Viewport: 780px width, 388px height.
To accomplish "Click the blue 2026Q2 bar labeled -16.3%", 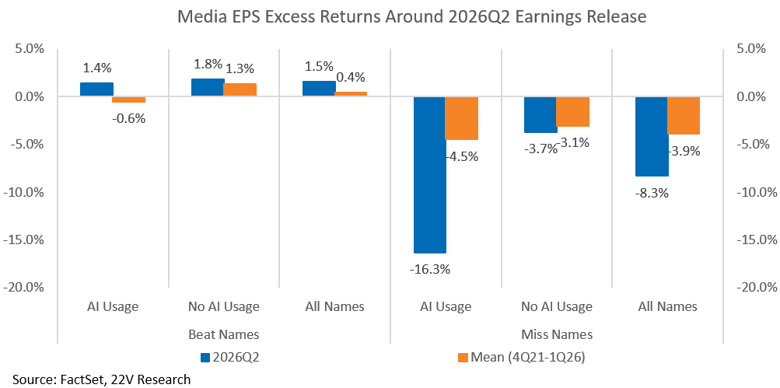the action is click(430, 175).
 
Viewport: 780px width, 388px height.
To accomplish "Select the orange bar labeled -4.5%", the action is click(462, 118).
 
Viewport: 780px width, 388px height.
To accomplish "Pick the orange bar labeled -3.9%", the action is click(684, 115).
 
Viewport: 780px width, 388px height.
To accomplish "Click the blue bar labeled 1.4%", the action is click(96, 89).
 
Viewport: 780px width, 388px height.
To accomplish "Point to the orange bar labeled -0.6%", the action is click(129, 100).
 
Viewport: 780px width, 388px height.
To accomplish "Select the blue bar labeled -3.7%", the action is click(541, 114).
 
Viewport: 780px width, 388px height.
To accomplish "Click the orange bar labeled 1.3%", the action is click(240, 90).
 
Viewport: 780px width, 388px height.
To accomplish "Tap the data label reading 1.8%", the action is click(208, 65).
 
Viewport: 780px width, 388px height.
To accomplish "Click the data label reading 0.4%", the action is click(351, 77).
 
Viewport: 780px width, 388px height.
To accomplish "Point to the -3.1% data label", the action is click(572, 144).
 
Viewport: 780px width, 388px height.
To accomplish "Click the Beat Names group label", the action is click(224, 334).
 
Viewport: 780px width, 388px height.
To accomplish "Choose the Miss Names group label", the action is click(557, 334).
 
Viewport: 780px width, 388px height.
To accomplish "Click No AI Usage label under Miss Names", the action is click(557, 306).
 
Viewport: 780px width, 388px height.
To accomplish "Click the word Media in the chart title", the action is click(200, 17).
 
